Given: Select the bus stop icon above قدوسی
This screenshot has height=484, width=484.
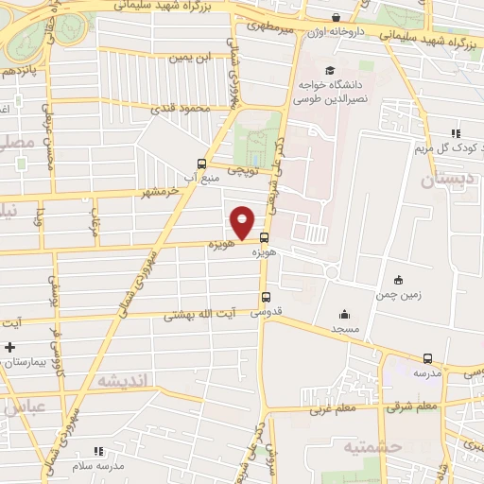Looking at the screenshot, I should [x=264, y=297].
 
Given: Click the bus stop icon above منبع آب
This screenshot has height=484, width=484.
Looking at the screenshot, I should [x=199, y=163].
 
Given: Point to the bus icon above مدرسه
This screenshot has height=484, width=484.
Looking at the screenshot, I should [x=428, y=358].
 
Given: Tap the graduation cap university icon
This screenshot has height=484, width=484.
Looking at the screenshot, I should [x=329, y=70].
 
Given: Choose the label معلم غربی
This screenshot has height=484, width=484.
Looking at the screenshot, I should [x=330, y=409].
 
